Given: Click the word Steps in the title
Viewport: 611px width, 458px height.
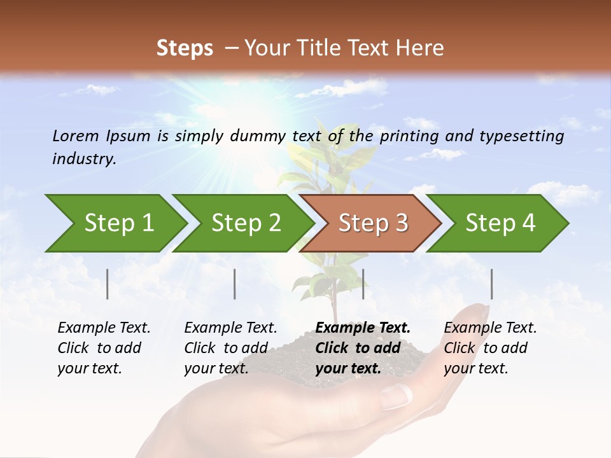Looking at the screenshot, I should coord(185,48).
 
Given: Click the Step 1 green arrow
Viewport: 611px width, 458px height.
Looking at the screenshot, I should coord(115,223).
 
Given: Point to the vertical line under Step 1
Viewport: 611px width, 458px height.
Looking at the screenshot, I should coord(108,284).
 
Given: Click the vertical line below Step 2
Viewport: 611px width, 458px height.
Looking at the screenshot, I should coord(235,284).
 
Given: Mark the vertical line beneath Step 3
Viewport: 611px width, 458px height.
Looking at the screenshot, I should coord(363,284).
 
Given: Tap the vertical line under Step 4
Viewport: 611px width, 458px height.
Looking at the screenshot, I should coord(492,284).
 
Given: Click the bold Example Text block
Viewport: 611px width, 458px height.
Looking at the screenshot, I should coord(363,348).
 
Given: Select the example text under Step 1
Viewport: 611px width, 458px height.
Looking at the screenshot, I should coord(104,348).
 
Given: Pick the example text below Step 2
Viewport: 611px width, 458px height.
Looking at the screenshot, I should coord(230,348).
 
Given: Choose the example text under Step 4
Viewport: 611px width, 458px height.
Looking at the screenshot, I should coord(490,348).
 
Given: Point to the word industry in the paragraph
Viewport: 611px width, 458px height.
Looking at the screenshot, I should coord(83,159).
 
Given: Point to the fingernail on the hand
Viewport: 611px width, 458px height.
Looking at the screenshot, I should coord(395,397).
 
